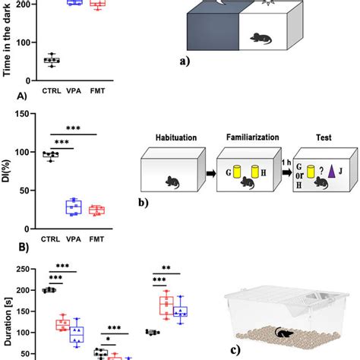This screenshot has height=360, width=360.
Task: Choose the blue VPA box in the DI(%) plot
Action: pyautogui.click(x=73, y=207)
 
